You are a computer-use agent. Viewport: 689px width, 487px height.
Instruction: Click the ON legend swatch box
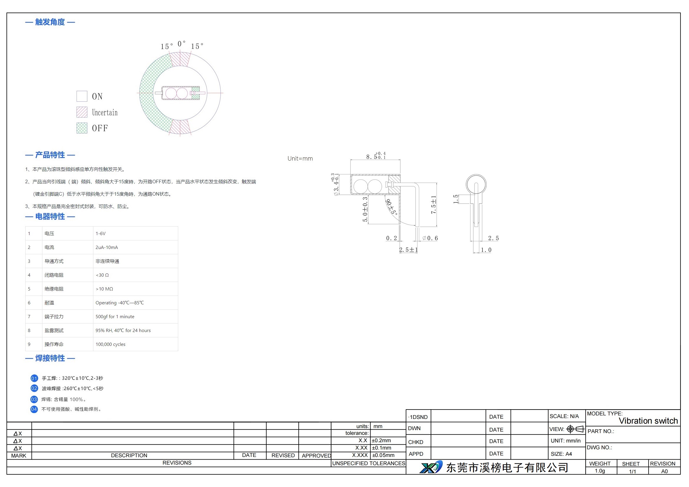82,96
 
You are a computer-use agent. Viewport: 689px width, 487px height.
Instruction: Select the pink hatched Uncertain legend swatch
82,112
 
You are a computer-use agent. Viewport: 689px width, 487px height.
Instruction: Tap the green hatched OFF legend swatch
82,128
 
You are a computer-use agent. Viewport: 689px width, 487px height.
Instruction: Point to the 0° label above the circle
181,44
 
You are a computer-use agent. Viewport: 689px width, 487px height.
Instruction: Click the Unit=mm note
300,159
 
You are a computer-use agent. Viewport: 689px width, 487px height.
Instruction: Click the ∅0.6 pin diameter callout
430,238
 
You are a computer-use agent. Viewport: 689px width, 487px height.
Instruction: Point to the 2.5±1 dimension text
408,250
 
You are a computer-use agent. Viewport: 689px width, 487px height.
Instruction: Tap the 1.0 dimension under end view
486,250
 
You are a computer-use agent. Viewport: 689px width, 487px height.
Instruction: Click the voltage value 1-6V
100,233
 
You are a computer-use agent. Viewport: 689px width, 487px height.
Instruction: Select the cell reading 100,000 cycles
110,344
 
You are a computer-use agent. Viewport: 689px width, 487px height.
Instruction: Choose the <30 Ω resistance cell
102,275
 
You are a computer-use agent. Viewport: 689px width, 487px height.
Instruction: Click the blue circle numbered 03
34,399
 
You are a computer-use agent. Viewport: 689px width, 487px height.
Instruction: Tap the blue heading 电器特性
50,217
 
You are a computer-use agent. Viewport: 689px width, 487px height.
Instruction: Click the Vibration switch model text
648,421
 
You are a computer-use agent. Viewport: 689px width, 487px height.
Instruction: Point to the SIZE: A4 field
561,454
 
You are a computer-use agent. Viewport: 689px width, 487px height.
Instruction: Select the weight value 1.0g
600,471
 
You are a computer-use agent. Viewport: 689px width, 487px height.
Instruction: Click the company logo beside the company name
431,467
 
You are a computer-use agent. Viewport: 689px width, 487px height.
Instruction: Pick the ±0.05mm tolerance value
383,455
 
